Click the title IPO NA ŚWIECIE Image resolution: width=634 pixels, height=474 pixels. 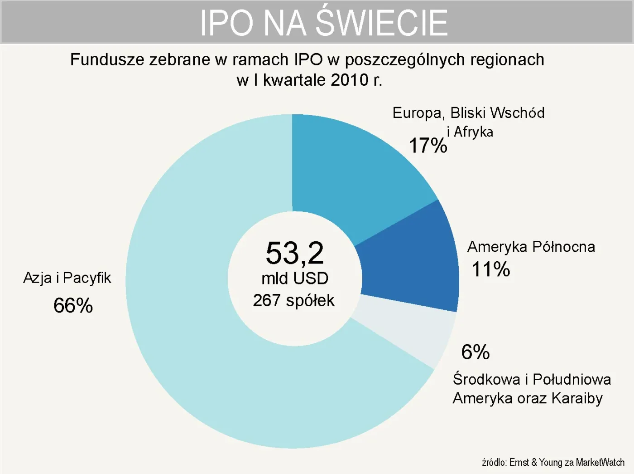pos(323,23)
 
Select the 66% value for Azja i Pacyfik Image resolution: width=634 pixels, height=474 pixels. pos(73,305)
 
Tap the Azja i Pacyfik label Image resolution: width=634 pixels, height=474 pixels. pos(67,278)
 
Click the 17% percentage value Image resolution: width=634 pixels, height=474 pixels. pos(427,146)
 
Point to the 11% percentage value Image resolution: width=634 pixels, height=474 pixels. pos(491,269)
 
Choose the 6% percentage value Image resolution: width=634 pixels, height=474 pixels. pos(475,352)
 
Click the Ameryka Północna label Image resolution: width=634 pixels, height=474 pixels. pos(531,247)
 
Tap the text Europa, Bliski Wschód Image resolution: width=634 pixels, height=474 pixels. pos(468,113)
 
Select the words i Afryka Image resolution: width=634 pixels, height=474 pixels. pos(470,132)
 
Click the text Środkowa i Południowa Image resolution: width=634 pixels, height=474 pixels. pos(532,379)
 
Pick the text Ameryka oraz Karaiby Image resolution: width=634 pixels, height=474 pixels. pos(528,398)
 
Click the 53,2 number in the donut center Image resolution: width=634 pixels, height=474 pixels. pos(295,253)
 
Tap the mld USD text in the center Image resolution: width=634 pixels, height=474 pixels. pos(295,278)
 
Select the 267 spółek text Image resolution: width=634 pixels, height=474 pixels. pos(293,300)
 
